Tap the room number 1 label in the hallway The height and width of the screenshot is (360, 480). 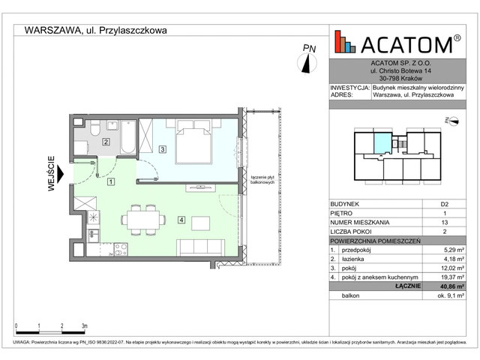click(109, 181)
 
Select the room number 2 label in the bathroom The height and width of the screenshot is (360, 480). click(106, 142)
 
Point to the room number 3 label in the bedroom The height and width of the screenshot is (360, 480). click(163, 150)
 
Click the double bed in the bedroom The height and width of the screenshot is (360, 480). click(192, 142)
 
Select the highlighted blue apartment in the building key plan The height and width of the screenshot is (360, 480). click(382, 140)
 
